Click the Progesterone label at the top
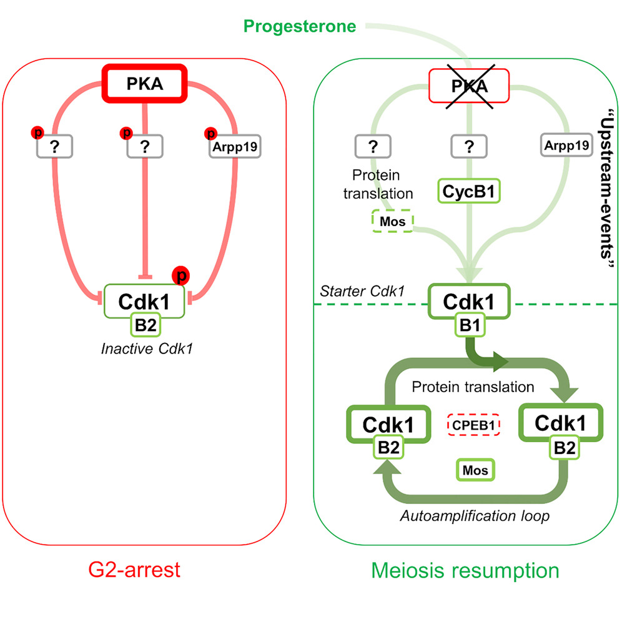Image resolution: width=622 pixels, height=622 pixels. pos(300,26)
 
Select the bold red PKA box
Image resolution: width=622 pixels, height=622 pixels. pos(145,83)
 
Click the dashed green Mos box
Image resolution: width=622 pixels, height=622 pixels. pos(392,220)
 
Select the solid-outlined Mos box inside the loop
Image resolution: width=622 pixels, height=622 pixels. pos(475,469)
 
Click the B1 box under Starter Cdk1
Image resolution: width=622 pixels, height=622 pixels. pos(469,326)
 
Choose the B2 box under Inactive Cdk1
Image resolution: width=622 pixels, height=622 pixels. pos(144,325)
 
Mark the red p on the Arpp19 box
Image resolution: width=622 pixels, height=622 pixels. pos(210,133)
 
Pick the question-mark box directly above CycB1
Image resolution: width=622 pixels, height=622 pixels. pos(470,147)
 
